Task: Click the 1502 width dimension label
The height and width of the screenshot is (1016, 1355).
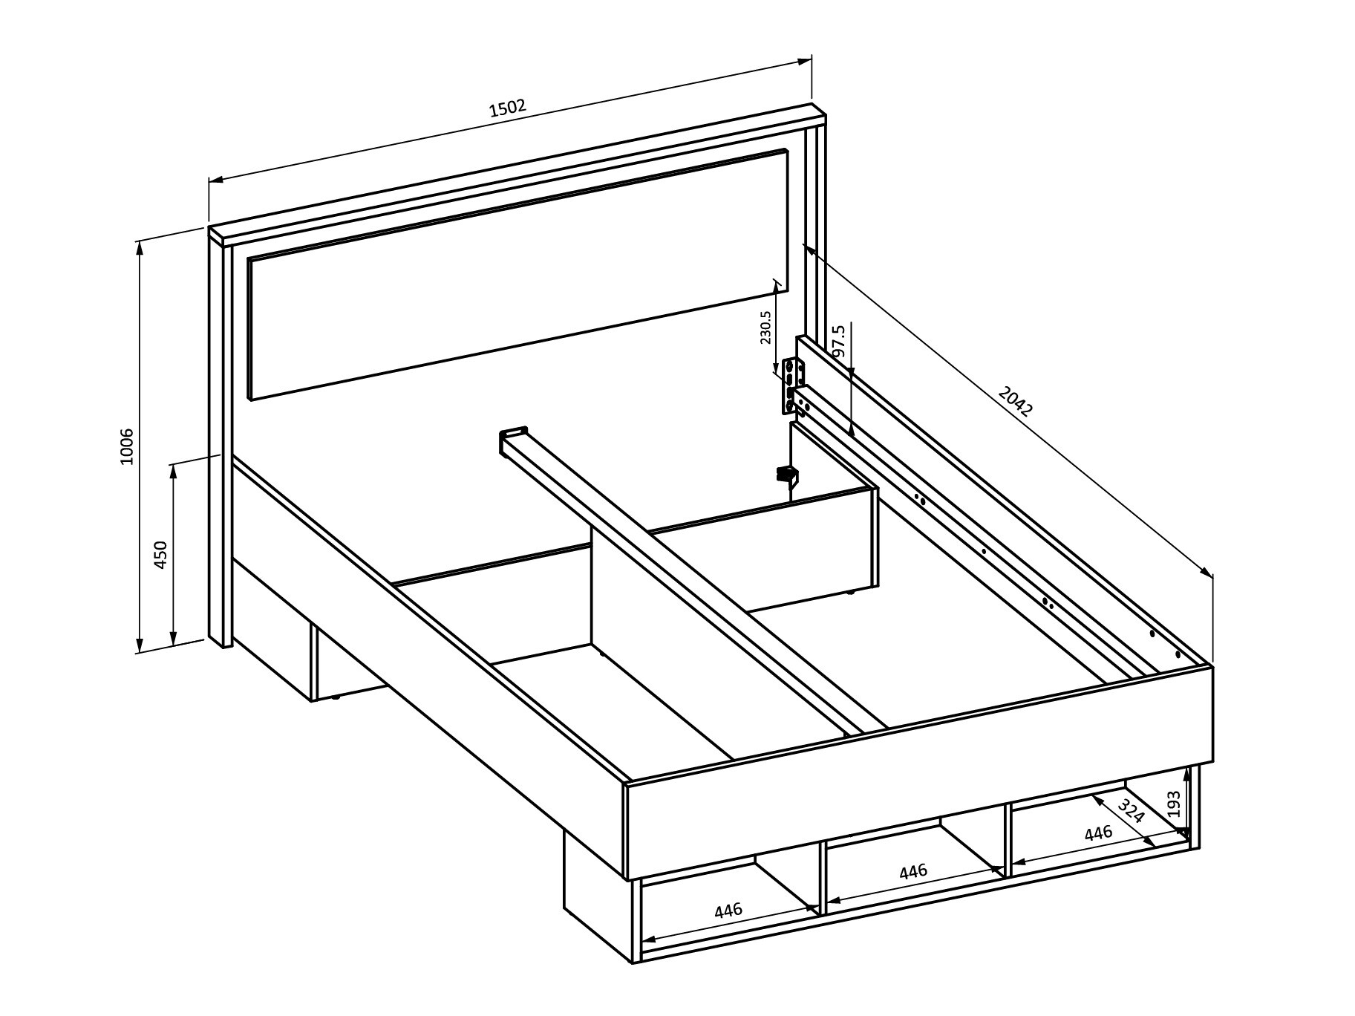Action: (x=508, y=108)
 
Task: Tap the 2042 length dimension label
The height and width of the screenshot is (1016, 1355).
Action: (x=1015, y=401)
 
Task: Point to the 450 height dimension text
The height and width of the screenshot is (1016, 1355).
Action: (x=160, y=555)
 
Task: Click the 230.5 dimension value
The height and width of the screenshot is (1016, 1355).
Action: (x=765, y=328)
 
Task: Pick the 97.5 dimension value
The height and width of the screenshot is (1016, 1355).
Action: (x=839, y=341)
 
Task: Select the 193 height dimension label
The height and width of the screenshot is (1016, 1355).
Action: (x=1174, y=804)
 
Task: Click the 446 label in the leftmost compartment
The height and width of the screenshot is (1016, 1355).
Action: (x=728, y=910)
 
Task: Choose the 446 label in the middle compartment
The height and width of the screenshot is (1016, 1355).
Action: (x=913, y=871)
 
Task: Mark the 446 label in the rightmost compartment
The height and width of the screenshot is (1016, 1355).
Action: (x=1098, y=833)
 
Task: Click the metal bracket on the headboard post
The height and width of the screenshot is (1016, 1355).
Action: (x=793, y=385)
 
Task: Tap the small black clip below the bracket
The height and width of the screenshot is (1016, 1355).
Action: (x=786, y=473)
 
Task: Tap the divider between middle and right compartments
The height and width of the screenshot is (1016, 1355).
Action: (x=1008, y=839)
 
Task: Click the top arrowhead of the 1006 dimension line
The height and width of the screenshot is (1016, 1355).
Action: (x=139, y=246)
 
